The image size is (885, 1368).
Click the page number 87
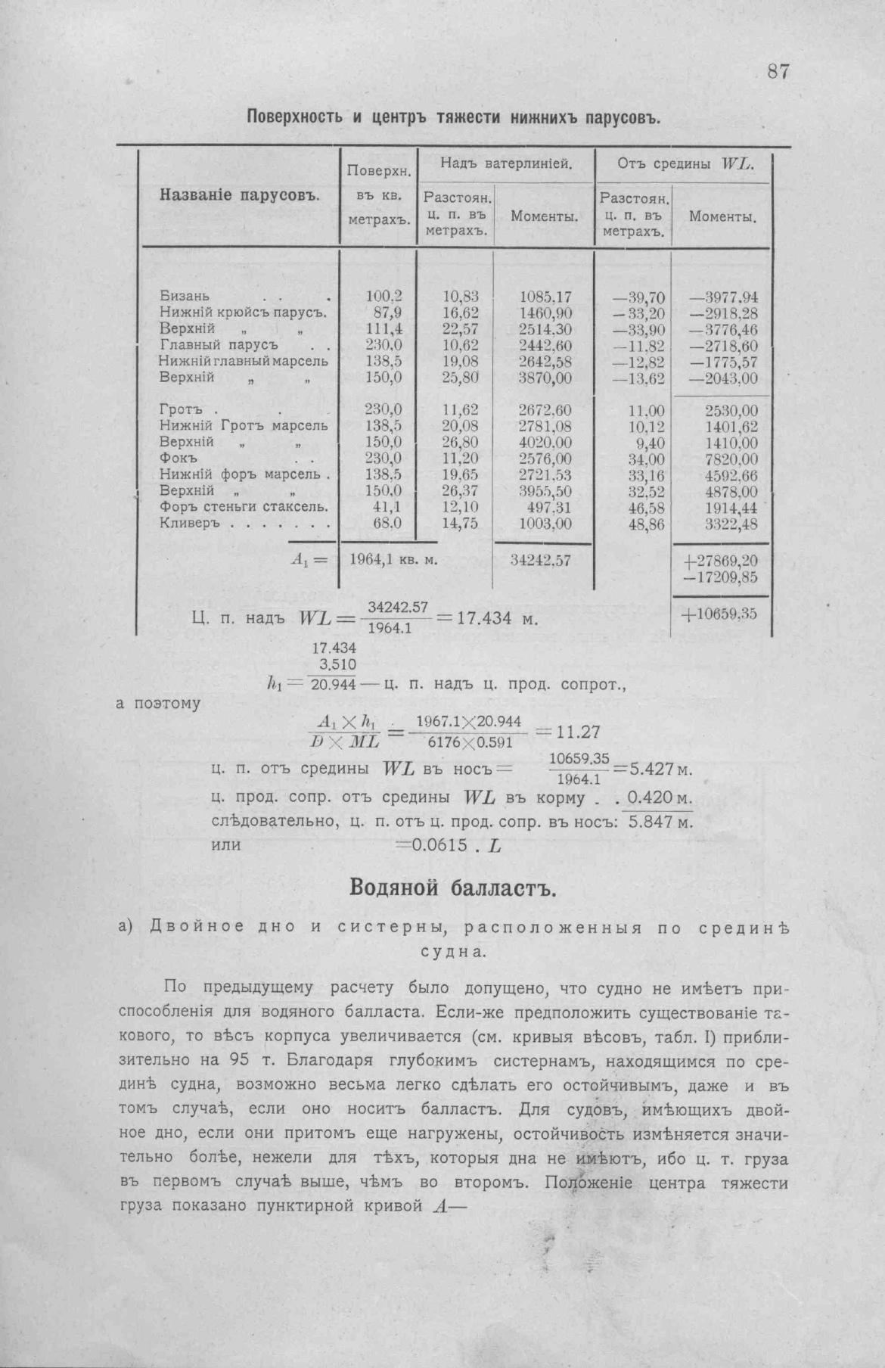tap(778, 72)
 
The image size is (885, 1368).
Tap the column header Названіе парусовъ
tap(241, 194)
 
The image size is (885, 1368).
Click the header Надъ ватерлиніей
tap(506, 162)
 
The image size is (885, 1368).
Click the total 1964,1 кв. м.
tap(394, 561)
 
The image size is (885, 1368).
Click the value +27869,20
tap(719, 561)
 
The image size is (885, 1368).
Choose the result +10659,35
tap(719, 614)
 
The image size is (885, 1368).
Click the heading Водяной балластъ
tap(453, 887)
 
